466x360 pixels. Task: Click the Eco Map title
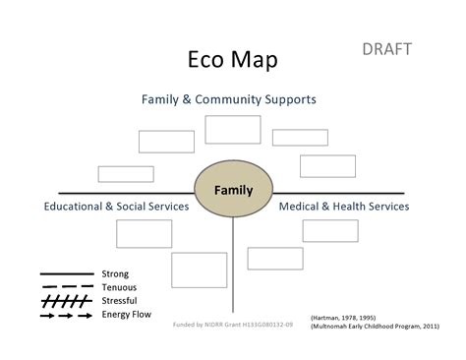tap(232, 60)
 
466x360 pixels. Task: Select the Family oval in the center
tap(233, 190)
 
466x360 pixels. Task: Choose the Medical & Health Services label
tap(343, 207)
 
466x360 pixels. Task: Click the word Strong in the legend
tap(115, 273)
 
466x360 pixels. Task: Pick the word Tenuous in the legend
tap(119, 287)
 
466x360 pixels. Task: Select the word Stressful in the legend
tap(120, 300)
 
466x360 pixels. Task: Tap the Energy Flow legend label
tap(126, 314)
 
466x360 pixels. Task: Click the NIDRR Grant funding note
tap(232, 324)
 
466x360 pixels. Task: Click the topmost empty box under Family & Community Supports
tap(233, 129)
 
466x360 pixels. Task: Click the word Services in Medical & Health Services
tap(384, 207)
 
